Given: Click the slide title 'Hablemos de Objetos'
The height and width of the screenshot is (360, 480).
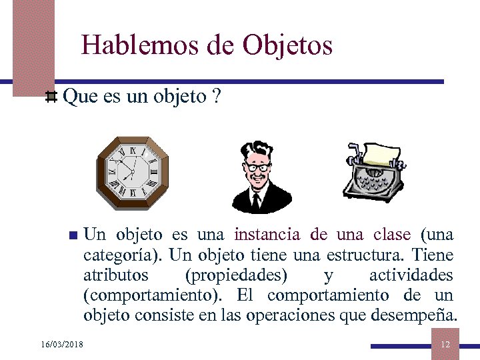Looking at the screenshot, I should click(x=207, y=45).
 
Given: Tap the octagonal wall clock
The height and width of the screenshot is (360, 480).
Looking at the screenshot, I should click(x=133, y=173).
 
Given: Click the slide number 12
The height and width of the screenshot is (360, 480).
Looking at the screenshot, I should click(x=445, y=344).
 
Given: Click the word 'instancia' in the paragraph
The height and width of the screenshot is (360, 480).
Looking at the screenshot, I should click(x=267, y=235).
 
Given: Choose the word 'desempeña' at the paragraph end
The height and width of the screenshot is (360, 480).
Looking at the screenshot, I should click(x=421, y=315).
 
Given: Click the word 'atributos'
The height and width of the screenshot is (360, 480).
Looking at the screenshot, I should click(x=116, y=275).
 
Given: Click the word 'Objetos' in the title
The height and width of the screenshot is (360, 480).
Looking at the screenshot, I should click(x=287, y=45).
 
